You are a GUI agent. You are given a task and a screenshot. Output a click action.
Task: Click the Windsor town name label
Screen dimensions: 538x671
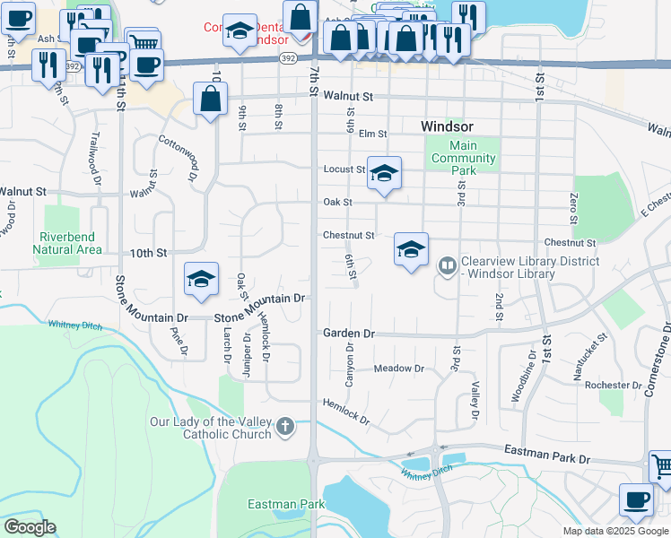pyautogui.click(x=447, y=126)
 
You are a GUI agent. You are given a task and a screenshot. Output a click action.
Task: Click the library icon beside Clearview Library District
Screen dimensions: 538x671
pyautogui.click(x=447, y=266)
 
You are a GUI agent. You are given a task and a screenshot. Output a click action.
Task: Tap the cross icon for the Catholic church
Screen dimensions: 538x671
pyautogui.click(x=285, y=427)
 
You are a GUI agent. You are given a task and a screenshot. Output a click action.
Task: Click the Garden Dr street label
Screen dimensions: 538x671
pyautogui.click(x=349, y=333)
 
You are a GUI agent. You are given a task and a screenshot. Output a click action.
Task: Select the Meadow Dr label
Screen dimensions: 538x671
pyautogui.click(x=398, y=369)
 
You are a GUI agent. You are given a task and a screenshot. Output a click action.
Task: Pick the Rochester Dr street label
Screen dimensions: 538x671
pyautogui.click(x=607, y=385)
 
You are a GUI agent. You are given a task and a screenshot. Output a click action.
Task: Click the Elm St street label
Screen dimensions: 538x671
pyautogui.click(x=372, y=134)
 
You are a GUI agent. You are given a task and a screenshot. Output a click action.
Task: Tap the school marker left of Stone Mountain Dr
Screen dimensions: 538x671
pyautogui.click(x=202, y=280)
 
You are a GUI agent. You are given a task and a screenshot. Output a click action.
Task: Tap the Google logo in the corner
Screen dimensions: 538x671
pyautogui.click(x=30, y=527)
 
